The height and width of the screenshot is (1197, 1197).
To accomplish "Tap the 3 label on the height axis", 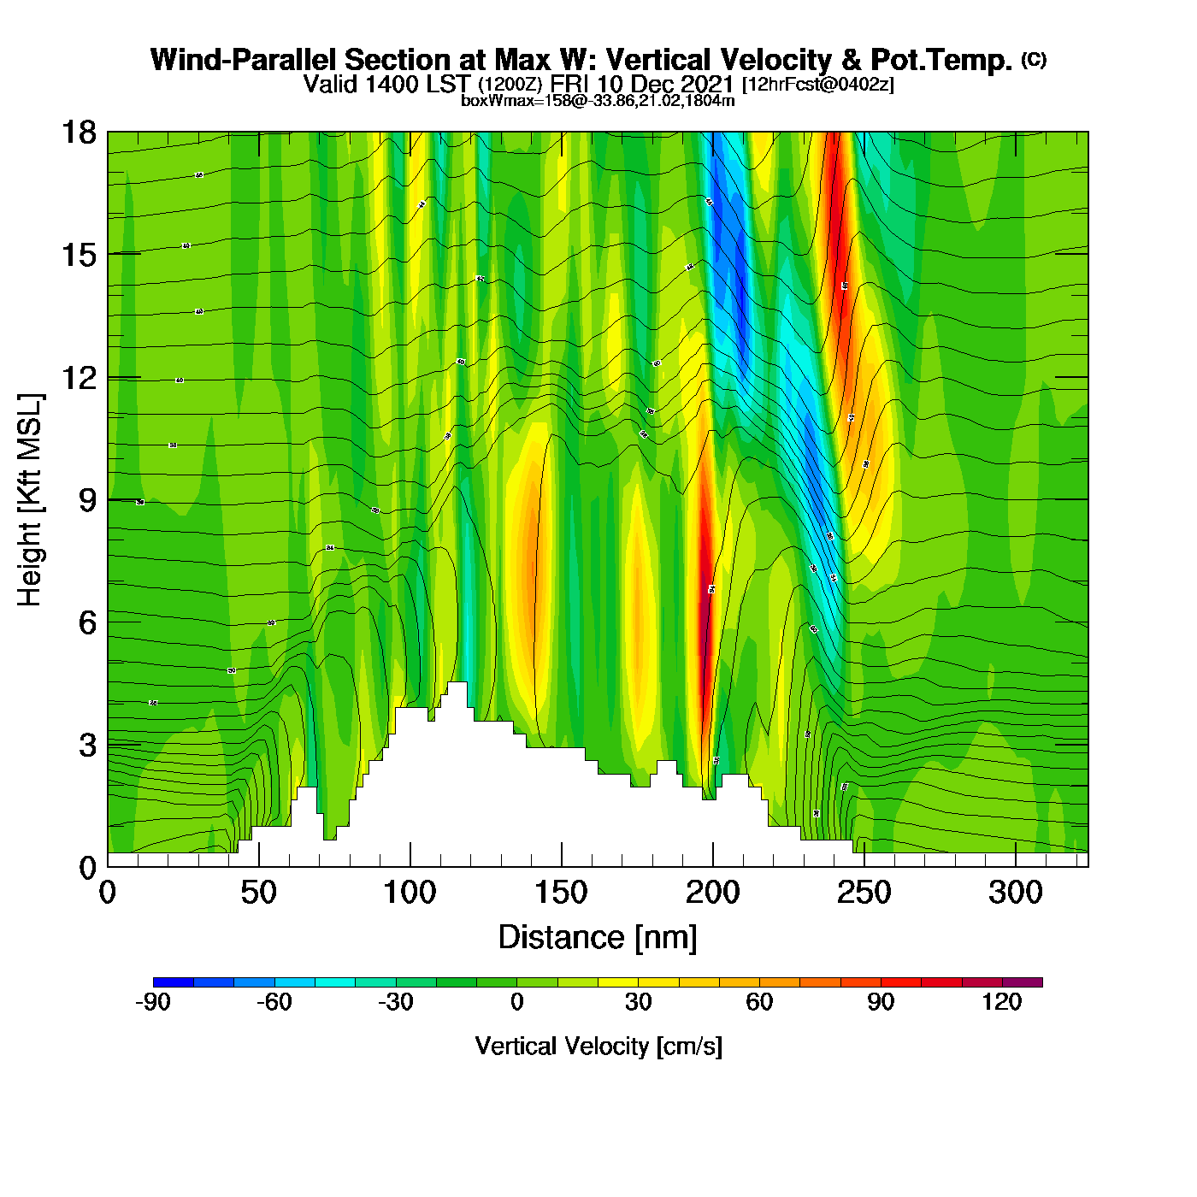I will (x=87, y=745).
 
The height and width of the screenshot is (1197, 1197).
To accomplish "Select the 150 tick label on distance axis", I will (x=561, y=893).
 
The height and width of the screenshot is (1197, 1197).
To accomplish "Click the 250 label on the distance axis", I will (x=864, y=893).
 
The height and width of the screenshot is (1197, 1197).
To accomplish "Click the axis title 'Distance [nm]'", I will (x=598, y=937).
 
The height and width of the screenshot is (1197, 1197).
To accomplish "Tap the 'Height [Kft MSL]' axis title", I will (x=30, y=500).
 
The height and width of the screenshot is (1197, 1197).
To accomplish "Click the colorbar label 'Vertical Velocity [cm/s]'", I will (x=598, y=1046).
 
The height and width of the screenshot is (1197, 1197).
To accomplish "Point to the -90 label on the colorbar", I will (x=153, y=1002).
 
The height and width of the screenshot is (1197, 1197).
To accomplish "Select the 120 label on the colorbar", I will (x=1002, y=1002).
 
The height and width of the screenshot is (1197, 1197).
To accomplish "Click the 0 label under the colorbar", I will (x=516, y=1002).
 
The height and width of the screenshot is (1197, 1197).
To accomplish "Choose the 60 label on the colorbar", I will (x=759, y=1002).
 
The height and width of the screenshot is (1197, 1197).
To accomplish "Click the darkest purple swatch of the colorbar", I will (x=1023, y=982).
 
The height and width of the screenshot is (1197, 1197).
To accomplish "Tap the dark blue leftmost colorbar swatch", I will (x=173, y=982).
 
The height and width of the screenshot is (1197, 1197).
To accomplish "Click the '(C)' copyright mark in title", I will (x=1034, y=59).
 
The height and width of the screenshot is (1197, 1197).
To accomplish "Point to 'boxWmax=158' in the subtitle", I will (x=509, y=100).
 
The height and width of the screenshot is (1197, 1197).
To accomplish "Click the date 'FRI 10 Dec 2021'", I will (x=642, y=84).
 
